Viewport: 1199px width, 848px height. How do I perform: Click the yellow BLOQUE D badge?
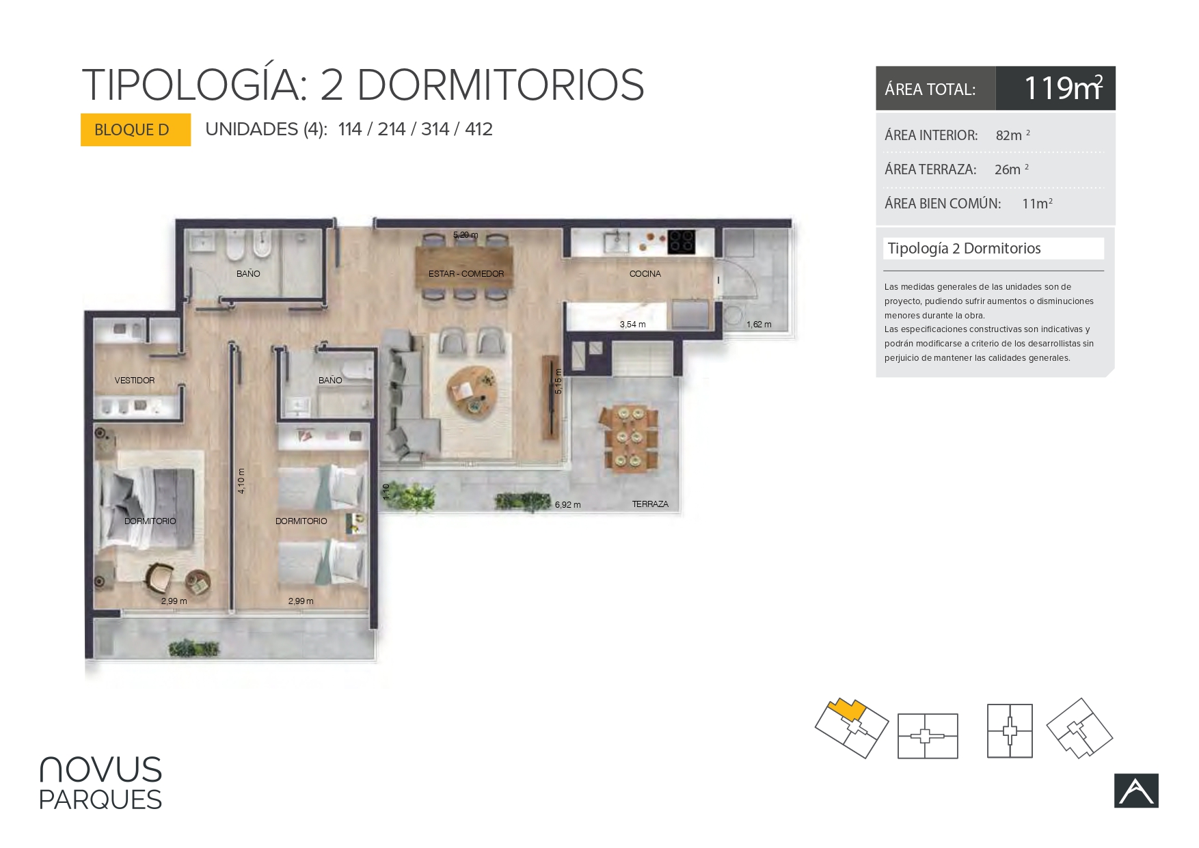click(x=135, y=130)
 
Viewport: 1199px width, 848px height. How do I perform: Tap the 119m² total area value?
click(x=1063, y=88)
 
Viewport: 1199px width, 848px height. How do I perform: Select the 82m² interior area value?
click(x=1012, y=135)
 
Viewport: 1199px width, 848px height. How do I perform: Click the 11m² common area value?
click(x=1037, y=204)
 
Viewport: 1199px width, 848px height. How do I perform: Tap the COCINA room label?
click(x=645, y=274)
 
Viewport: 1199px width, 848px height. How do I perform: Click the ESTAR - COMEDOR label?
click(x=466, y=274)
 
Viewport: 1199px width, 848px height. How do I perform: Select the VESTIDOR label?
click(x=135, y=381)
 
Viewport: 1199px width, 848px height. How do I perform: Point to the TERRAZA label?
click(x=650, y=504)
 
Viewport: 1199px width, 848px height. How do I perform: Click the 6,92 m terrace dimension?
click(x=567, y=505)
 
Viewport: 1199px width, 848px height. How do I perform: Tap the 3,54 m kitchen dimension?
click(x=632, y=325)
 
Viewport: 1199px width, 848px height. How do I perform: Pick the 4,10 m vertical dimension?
click(x=241, y=480)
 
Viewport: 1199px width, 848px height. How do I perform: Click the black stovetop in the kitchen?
click(x=682, y=241)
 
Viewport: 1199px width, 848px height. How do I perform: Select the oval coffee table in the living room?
click(x=472, y=392)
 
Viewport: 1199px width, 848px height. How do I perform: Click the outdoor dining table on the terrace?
click(x=629, y=438)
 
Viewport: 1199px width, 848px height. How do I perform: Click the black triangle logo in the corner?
click(x=1136, y=791)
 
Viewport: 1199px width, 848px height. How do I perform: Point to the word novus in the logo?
click(x=100, y=769)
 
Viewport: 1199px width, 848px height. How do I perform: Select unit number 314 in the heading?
click(x=435, y=129)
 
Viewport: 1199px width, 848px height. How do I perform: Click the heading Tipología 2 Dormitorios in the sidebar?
click(x=964, y=249)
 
